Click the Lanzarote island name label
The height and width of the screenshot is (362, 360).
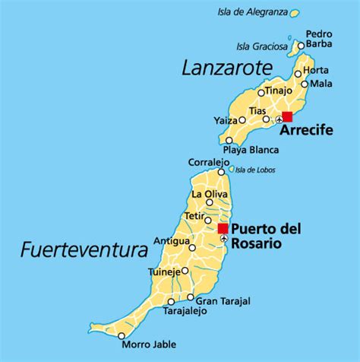pyautogui.click(x=226, y=68)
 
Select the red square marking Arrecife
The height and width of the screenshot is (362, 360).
pyautogui.click(x=286, y=116)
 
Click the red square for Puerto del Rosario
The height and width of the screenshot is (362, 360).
pyautogui.click(x=223, y=228)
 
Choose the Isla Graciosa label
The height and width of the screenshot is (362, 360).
pyautogui.click(x=262, y=46)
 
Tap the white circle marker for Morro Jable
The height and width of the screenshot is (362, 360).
pyautogui.click(x=122, y=335)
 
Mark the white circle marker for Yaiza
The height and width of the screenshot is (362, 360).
pyautogui.click(x=242, y=120)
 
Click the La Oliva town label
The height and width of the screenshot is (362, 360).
pyautogui.click(x=207, y=194)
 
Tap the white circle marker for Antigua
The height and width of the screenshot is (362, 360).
pyautogui.click(x=192, y=248)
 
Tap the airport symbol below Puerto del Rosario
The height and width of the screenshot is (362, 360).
pyautogui.click(x=223, y=240)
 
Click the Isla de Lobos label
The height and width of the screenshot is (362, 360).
pyautogui.click(x=256, y=170)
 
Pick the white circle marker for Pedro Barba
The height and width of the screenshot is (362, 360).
pyautogui.click(x=301, y=46)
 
